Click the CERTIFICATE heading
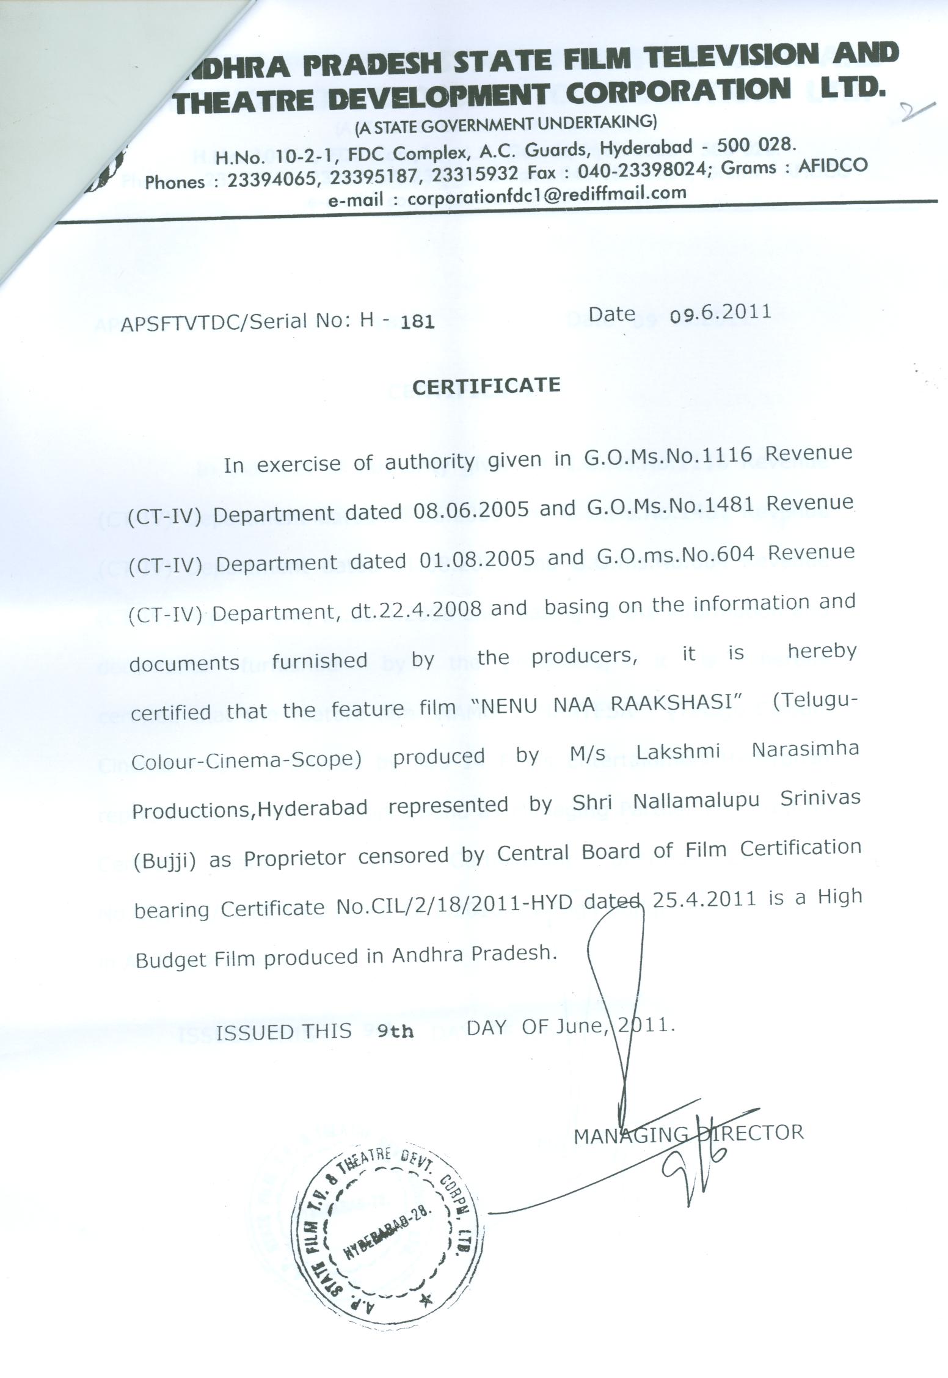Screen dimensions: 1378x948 [486, 386]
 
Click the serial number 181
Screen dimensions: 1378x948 [418, 322]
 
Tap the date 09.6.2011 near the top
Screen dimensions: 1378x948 [720, 313]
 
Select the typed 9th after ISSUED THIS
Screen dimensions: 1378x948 [395, 1030]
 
